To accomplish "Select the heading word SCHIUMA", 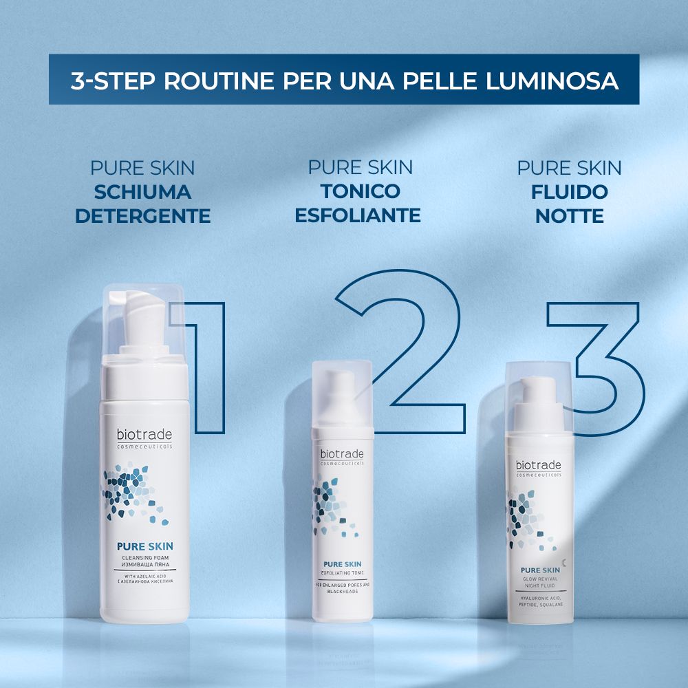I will click(x=142, y=191).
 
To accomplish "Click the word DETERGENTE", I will click(x=142, y=216).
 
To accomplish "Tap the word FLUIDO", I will click(x=569, y=191).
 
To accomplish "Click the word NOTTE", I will click(x=569, y=216).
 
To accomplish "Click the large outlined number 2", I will click(x=406, y=344).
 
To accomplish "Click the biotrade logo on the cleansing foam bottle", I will click(x=144, y=435).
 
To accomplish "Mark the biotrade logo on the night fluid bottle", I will click(x=539, y=466).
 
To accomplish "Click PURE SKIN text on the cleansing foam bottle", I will click(x=144, y=548).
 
